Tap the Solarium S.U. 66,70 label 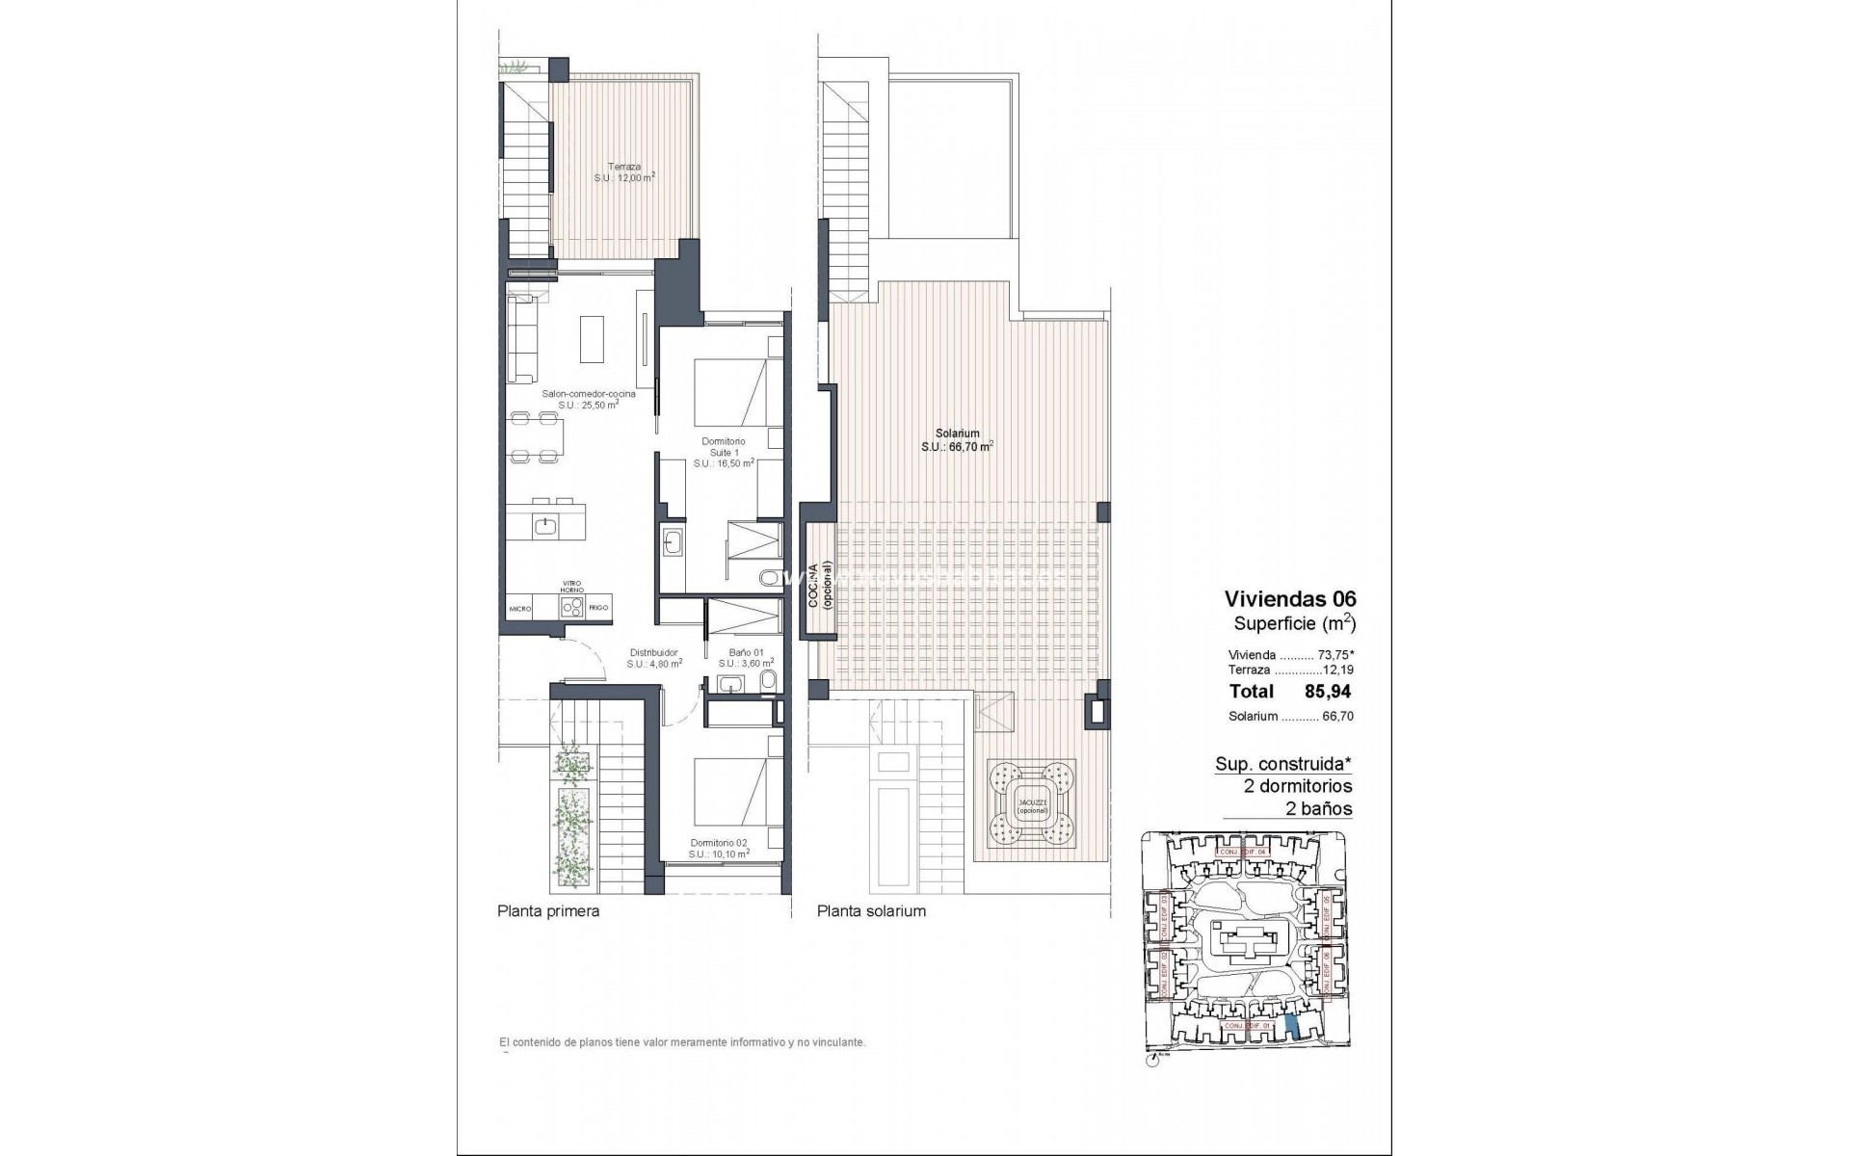pos(956,439)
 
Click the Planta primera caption pos(547,911)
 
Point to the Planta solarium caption pos(871,911)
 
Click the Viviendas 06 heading pos(1289,599)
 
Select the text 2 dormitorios pos(1298,786)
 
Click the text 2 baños pos(1318,809)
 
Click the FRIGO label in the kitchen pos(598,609)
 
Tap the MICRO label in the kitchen pos(520,609)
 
